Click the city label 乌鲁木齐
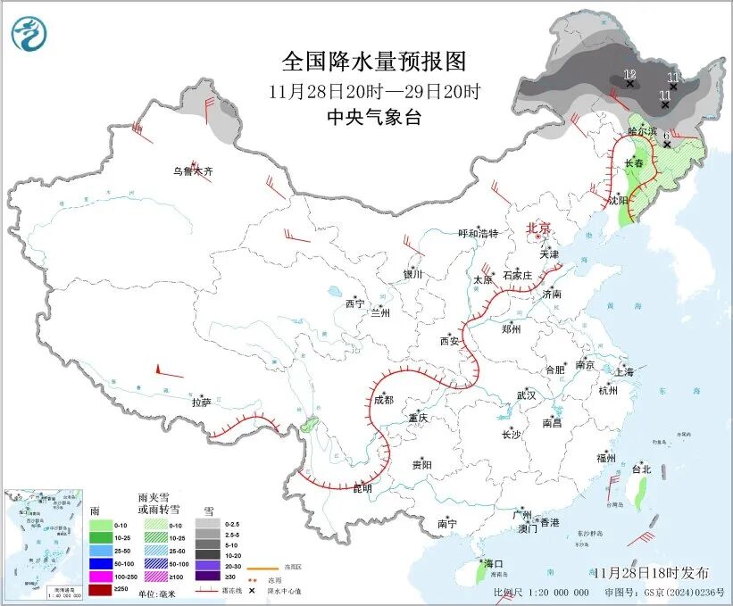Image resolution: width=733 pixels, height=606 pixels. click(x=193, y=170)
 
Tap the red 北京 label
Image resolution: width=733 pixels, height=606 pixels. click(x=538, y=228)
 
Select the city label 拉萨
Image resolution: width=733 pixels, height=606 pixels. click(x=201, y=403)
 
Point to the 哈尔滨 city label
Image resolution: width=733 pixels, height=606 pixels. click(x=642, y=131)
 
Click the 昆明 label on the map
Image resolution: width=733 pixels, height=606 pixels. click(x=362, y=489)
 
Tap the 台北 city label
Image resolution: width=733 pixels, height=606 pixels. click(x=641, y=469)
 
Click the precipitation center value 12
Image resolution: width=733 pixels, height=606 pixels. click(x=629, y=73)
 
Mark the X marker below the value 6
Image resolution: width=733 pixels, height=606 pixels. click(x=667, y=144)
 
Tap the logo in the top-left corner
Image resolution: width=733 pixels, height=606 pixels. click(x=29, y=34)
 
